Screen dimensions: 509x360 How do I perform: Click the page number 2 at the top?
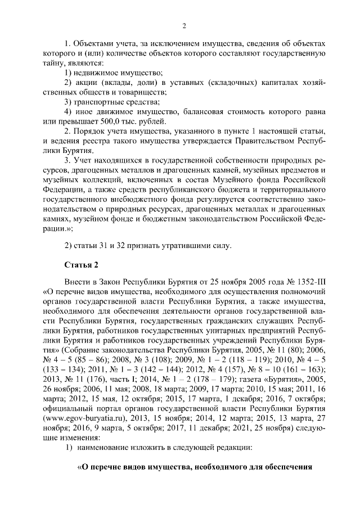point(184,25)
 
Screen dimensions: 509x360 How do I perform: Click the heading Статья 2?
point(82,264)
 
